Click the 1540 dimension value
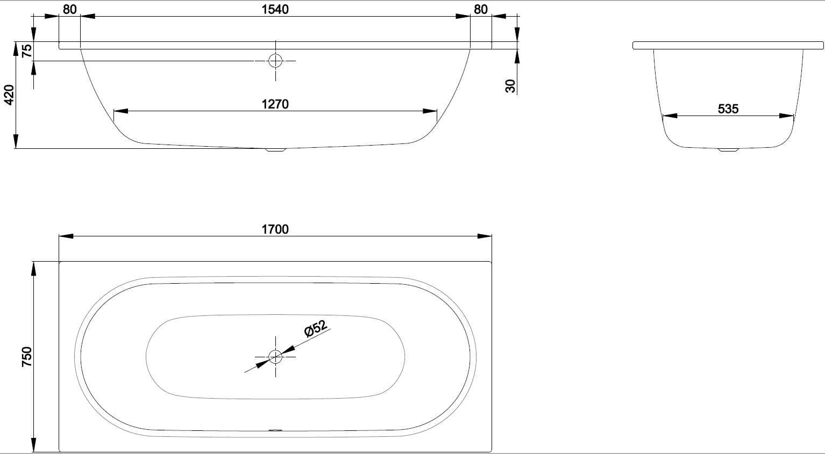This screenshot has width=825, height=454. tap(275, 9)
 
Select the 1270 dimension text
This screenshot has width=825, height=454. tap(275, 104)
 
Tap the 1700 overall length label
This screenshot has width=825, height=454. tap(275, 229)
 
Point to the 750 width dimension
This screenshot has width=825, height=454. tap(27, 357)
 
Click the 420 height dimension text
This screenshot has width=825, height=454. tap(9, 95)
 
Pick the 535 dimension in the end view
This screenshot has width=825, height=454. tap(728, 109)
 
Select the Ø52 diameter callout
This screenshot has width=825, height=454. tap(316, 328)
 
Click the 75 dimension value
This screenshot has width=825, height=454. tap(27, 51)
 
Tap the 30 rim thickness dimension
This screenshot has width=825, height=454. tap(510, 86)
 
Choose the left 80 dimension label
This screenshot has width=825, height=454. tap(69, 10)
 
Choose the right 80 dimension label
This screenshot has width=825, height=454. tap(481, 10)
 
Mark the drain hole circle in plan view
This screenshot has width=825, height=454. tap(275, 357)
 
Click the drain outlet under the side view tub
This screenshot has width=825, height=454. tap(276, 150)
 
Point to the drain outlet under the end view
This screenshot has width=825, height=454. tap(728, 150)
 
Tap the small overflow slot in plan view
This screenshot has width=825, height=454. tap(275, 430)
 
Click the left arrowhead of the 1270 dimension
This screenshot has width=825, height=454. tap(121, 111)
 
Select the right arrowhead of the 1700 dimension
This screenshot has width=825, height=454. tap(485, 236)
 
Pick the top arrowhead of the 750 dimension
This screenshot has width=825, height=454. tap(33, 269)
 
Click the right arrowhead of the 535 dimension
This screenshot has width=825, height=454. tap(786, 116)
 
